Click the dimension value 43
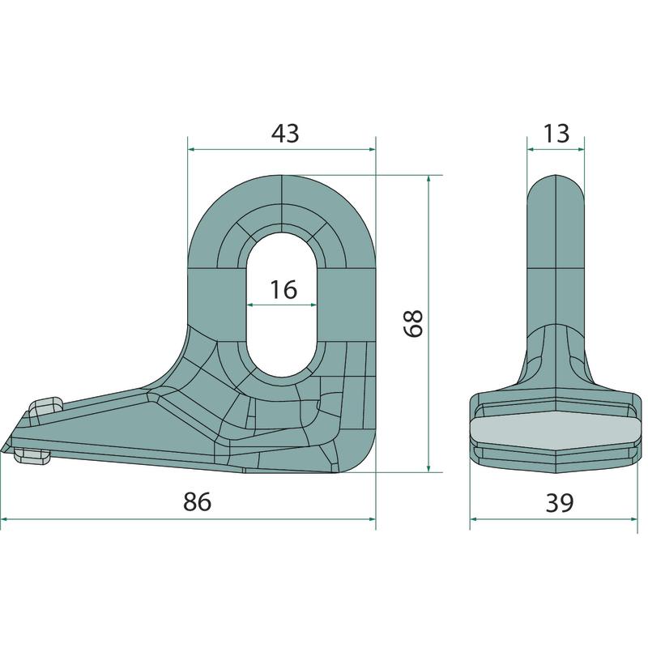pyautogui.click(x=285, y=134)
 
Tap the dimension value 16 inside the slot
pyautogui.click(x=283, y=289)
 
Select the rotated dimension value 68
pyautogui.click(x=413, y=323)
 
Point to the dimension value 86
pyautogui.click(x=197, y=501)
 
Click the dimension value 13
pyautogui.click(x=556, y=134)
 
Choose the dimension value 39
pyautogui.click(x=560, y=502)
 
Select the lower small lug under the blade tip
pyautogui.click(x=32, y=456)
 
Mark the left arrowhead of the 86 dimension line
pyautogui.click(x=5, y=519)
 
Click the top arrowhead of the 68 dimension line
pyautogui.click(x=429, y=180)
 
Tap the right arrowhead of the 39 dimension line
pyautogui.click(x=633, y=519)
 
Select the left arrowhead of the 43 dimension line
pyautogui.click(x=192, y=149)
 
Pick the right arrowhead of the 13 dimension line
pyautogui.click(x=580, y=149)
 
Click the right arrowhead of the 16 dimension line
pyautogui.click(x=313, y=305)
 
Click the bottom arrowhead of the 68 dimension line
pyautogui.click(x=429, y=467)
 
